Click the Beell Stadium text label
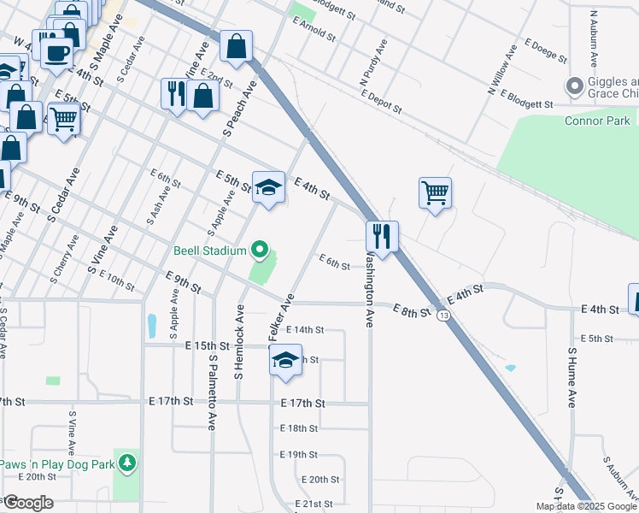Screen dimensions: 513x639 tap(209, 251)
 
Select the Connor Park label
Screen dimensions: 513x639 tap(597, 121)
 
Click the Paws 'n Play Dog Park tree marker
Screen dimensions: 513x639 tap(127, 463)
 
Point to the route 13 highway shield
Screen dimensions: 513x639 tap(443, 315)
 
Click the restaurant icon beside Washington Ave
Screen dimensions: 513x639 tap(381, 236)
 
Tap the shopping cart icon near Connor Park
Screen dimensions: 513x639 tap(435, 193)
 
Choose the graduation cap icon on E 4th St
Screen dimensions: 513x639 tap(268, 188)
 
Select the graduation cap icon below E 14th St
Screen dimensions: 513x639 tap(285, 362)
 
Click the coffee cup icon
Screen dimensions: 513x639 tap(57, 53)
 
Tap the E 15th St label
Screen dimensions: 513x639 tap(208, 345)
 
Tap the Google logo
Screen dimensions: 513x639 tap(27, 503)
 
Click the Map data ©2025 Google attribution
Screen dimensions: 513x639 tap(585, 506)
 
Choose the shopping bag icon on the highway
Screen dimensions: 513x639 tap(236, 47)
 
